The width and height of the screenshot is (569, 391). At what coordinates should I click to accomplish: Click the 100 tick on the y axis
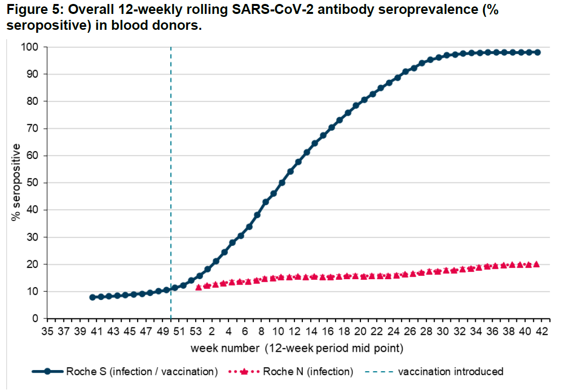point(29,47)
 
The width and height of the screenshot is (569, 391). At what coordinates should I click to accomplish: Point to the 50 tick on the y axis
point(32,183)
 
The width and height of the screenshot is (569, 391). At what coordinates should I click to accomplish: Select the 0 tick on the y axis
point(35,318)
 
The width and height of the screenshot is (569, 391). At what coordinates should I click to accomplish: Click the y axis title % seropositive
point(15,182)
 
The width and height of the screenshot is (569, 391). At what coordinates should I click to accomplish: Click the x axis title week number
point(225,348)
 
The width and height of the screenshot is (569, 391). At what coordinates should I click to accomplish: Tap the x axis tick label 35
point(47,331)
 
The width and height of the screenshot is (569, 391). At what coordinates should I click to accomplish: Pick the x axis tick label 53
point(196,331)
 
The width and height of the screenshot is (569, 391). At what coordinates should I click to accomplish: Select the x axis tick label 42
point(542,331)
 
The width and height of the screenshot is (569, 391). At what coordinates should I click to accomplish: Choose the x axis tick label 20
point(360,331)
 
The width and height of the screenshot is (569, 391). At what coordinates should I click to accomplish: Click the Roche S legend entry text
point(142,372)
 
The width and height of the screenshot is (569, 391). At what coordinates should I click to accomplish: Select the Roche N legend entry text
point(308,372)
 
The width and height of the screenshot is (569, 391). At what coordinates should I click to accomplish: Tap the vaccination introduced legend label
point(451,372)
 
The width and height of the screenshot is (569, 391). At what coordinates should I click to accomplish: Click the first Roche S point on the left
point(92,297)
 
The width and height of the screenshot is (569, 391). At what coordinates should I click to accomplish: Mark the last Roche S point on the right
point(537,52)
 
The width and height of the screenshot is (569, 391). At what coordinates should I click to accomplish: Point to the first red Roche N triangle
point(199,287)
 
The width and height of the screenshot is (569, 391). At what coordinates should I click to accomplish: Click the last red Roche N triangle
point(536,264)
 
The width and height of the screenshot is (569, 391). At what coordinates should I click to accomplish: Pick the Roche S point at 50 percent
point(282,183)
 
